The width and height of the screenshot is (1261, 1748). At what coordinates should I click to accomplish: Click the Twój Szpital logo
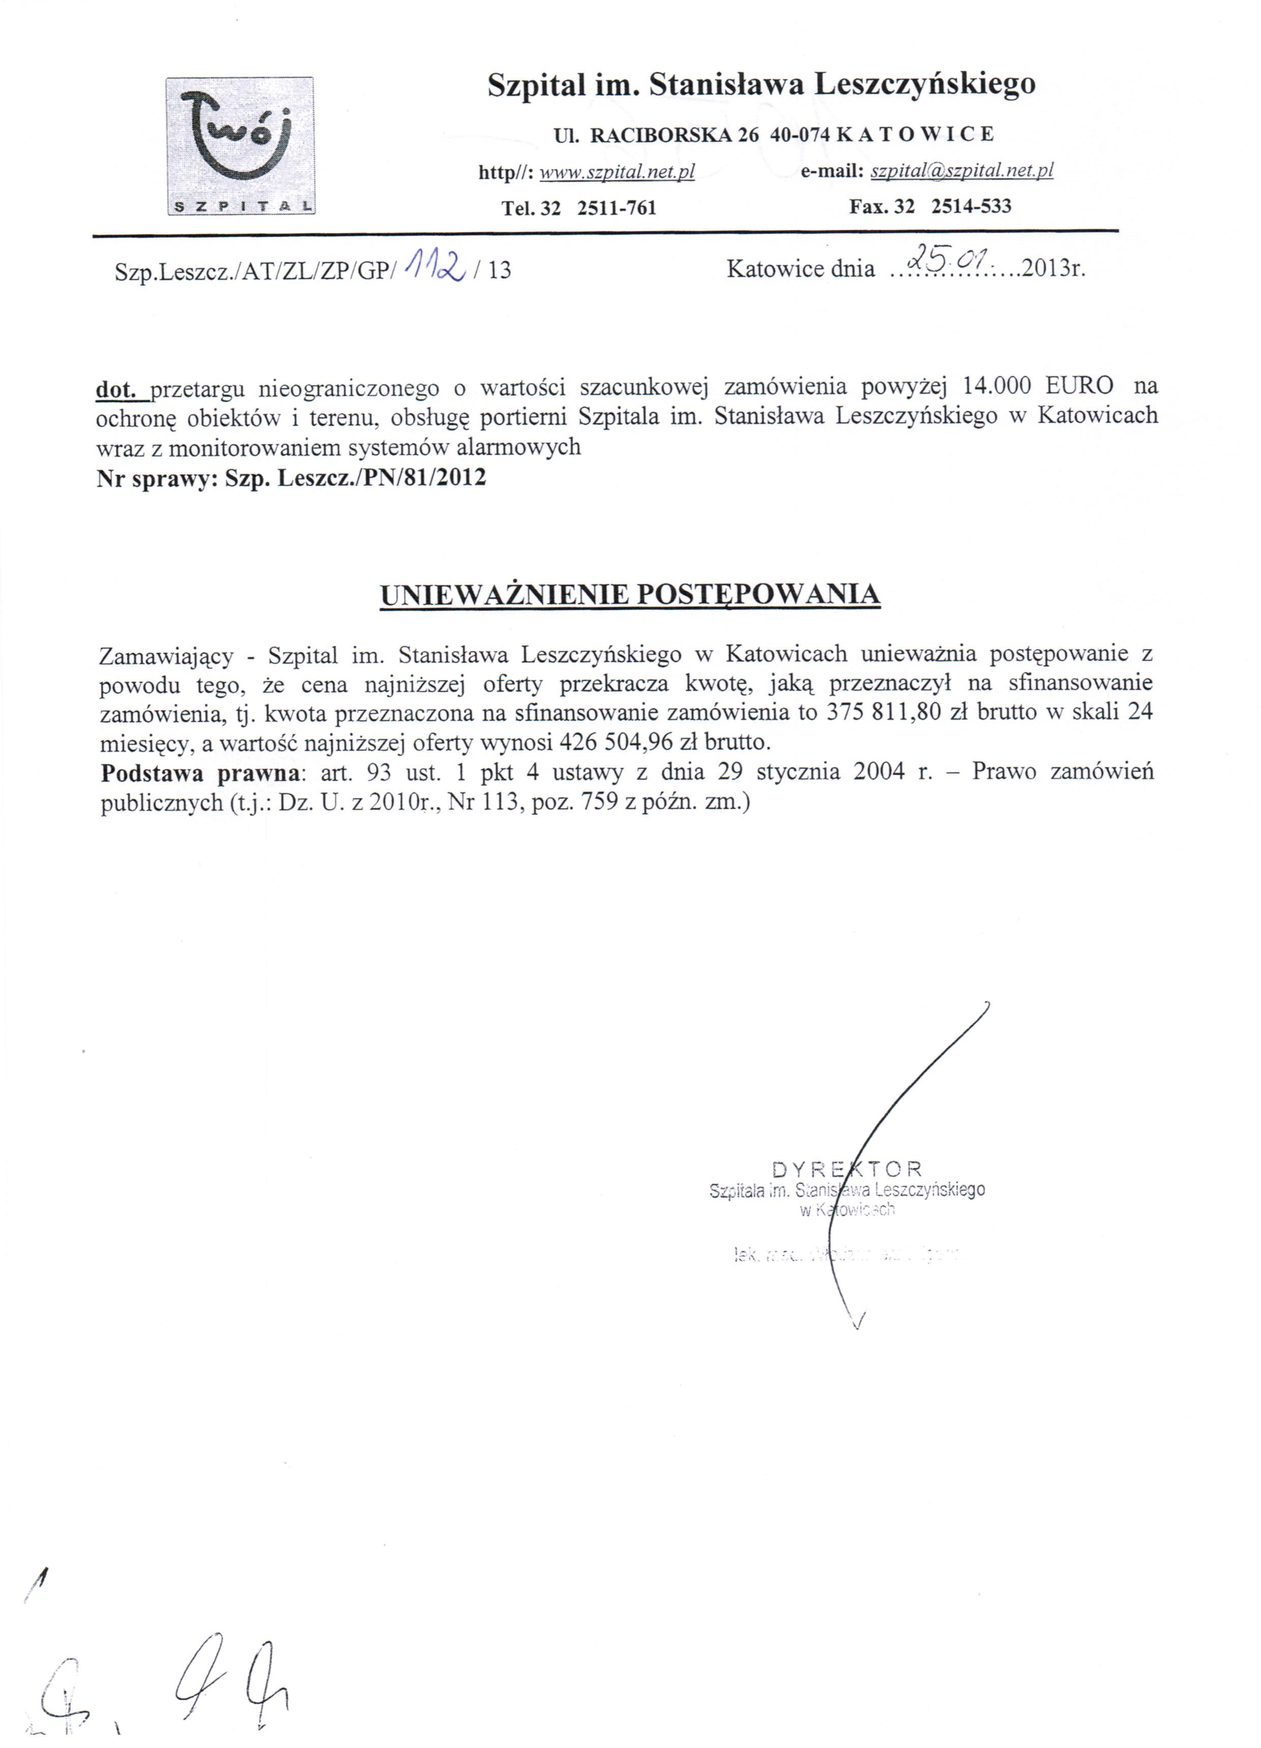coord(239,146)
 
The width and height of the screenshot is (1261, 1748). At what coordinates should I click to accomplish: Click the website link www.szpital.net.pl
coord(617,172)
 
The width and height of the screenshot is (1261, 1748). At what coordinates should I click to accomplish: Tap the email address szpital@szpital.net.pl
coord(961,171)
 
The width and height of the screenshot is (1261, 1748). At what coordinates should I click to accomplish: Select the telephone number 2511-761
coord(617,208)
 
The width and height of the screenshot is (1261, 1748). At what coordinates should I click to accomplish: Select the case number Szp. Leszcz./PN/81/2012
coord(355,478)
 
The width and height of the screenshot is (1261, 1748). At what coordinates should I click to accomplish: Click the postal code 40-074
coord(799,134)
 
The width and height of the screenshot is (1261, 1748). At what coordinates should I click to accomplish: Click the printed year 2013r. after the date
coord(1053,269)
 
